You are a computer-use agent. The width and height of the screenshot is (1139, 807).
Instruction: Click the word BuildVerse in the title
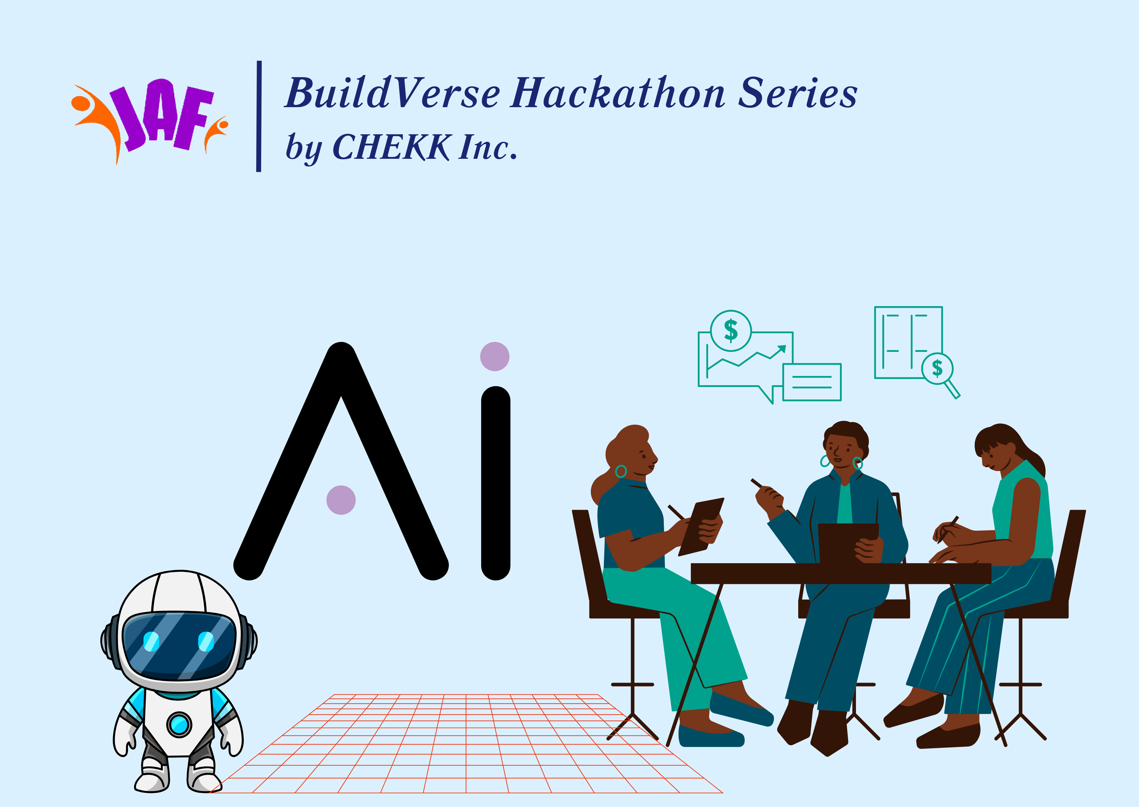coord(393,93)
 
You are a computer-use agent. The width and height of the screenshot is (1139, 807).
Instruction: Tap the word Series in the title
coord(797,93)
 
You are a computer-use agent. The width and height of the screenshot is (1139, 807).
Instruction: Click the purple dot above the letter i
coord(494,356)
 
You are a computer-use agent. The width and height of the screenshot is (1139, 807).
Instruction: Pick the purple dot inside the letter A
coord(341,500)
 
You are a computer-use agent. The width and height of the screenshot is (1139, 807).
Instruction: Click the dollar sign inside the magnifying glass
coord(937,368)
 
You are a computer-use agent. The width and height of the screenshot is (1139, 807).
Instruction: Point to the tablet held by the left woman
coord(701,527)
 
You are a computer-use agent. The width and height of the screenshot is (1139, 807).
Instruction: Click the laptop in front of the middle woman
coord(847,543)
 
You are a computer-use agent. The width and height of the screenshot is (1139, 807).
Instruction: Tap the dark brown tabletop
coord(840,573)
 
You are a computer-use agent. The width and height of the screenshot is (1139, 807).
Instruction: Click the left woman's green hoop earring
coord(621,471)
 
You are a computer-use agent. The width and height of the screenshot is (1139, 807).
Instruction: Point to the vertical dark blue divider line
coord(259,116)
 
